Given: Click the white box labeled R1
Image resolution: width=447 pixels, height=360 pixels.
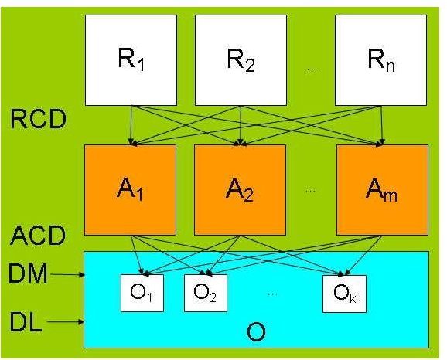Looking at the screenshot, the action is [x=131, y=60].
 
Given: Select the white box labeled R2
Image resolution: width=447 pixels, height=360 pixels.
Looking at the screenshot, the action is [x=241, y=60].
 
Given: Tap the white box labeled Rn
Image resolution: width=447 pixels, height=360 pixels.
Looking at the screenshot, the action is [x=380, y=60].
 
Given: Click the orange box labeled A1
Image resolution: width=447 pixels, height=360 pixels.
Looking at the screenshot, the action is [x=130, y=190].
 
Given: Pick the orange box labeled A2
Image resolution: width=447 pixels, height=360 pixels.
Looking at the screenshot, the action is [x=240, y=190].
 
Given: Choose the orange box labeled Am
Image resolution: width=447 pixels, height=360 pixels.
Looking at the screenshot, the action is [x=382, y=190].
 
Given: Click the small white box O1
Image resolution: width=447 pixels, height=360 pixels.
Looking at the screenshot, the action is [x=142, y=293].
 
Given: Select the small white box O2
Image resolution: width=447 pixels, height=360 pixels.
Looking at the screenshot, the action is [x=206, y=293].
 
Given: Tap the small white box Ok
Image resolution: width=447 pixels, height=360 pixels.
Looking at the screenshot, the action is [x=344, y=294].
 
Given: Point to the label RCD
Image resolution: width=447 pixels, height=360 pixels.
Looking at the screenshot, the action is [x=38, y=120].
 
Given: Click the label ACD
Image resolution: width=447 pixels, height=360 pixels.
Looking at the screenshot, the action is [x=38, y=236].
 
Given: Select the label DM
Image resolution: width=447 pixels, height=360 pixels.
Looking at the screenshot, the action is [x=28, y=273].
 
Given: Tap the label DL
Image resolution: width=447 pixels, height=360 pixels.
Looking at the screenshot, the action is [x=26, y=322].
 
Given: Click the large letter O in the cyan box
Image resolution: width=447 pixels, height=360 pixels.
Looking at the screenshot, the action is [x=256, y=332].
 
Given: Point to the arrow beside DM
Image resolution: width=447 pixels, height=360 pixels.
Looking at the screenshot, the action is [x=67, y=275].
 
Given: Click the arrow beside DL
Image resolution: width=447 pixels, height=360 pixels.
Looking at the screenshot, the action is [x=66, y=322].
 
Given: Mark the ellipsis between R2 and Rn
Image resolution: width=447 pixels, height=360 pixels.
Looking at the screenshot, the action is [x=311, y=70].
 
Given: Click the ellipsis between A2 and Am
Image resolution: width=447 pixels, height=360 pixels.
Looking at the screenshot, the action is [x=310, y=191].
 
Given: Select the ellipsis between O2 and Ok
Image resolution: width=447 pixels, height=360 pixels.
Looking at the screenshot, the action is [x=272, y=294].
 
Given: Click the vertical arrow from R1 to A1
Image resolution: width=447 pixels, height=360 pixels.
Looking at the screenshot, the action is [x=131, y=125].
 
